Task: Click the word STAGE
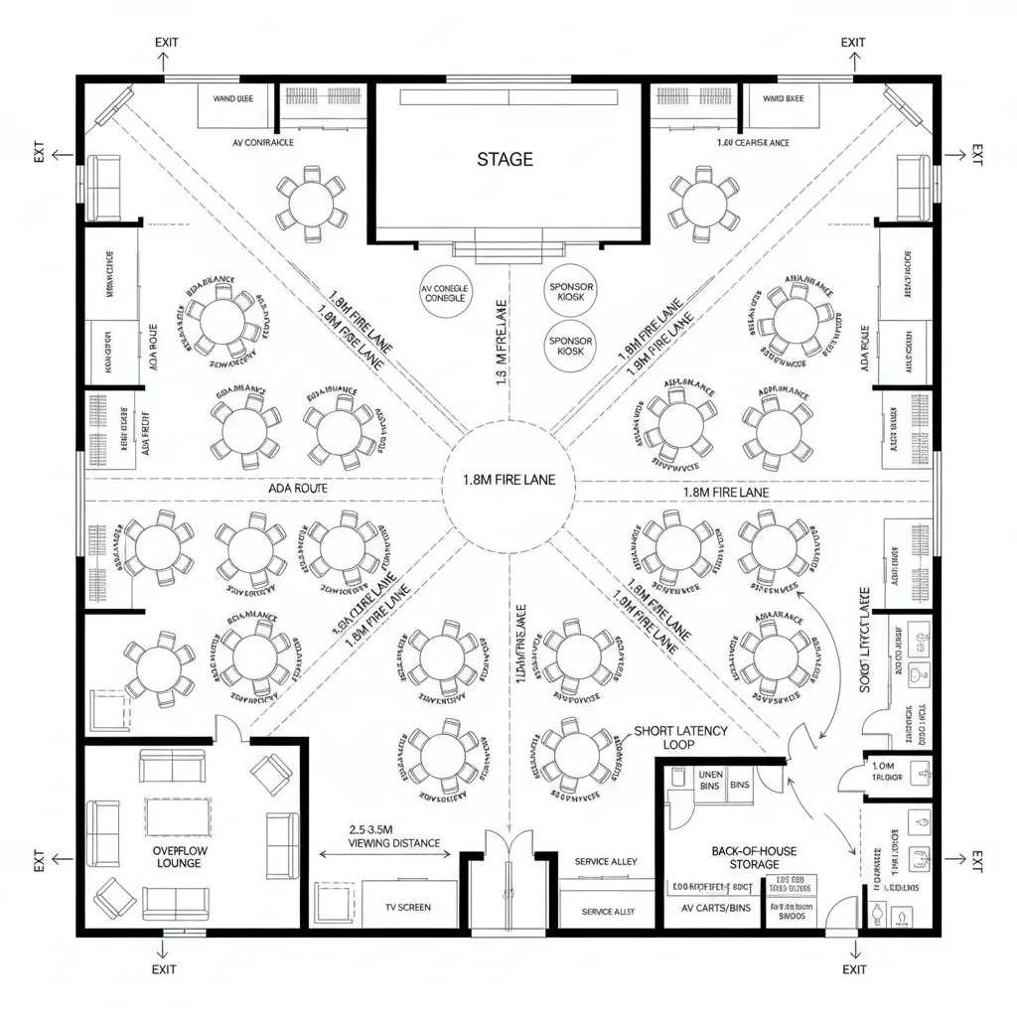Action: (505, 159)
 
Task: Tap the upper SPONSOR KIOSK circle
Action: (571, 292)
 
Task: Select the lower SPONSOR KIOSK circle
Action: (571, 346)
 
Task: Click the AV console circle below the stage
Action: (445, 292)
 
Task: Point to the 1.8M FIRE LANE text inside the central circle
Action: (509, 479)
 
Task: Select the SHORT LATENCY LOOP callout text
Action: (680, 737)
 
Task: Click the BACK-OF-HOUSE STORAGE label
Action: (755, 858)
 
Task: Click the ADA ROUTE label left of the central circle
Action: (298, 489)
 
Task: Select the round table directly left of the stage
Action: (312, 204)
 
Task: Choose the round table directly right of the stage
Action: (704, 203)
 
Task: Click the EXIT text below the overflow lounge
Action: (164, 969)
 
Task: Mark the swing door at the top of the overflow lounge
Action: (230, 729)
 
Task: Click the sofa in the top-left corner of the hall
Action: (103, 187)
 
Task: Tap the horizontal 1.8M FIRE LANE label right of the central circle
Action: (725, 492)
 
